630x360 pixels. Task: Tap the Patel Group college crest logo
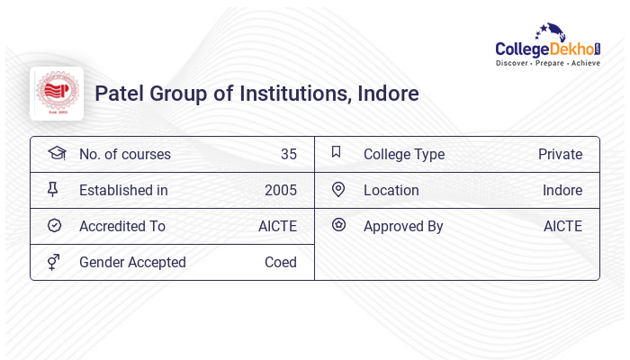(57, 94)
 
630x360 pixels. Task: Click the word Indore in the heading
(388, 94)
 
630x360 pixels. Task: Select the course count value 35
(288, 155)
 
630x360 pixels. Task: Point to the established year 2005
(280, 191)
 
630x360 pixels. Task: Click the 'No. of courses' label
(124, 155)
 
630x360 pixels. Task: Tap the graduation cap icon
(57, 153)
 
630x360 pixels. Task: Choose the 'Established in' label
(123, 191)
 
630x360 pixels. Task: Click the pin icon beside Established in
(53, 189)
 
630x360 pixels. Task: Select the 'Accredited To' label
(122, 227)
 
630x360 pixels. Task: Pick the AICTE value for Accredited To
(277, 227)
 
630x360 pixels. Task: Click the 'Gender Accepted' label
(132, 263)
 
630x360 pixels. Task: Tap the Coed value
(280, 263)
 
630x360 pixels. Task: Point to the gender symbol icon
(53, 262)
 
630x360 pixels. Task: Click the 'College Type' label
(403, 155)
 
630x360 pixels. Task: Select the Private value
(560, 155)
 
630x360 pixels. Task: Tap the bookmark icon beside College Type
(337, 152)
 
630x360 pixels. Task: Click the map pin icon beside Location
(338, 190)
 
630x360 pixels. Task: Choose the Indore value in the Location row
(562, 191)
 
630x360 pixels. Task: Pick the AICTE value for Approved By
(562, 227)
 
